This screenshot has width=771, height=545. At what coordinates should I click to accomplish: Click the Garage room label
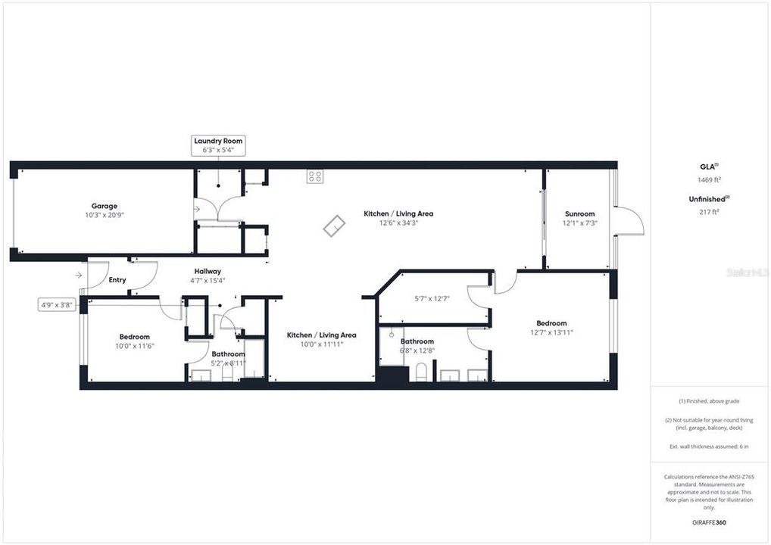click(105, 206)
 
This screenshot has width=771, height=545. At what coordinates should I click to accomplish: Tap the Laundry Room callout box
click(218, 145)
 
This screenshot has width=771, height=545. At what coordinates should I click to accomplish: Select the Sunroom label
click(579, 213)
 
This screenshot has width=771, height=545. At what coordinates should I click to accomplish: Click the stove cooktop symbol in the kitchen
click(315, 176)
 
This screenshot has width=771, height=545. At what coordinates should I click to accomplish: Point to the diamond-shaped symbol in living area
click(334, 226)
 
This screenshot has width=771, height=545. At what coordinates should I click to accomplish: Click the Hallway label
click(208, 271)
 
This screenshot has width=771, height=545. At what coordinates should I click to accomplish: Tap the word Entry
click(117, 280)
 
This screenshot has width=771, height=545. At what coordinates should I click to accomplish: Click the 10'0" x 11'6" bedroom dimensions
click(134, 346)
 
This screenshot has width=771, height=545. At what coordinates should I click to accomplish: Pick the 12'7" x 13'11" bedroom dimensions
click(551, 332)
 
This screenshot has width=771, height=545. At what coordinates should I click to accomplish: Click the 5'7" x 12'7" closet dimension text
click(434, 298)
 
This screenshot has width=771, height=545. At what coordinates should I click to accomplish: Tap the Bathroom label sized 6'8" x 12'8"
click(417, 341)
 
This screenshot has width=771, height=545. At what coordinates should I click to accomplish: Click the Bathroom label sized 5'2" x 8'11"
click(228, 354)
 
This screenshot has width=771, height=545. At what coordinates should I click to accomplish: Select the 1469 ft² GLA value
click(709, 180)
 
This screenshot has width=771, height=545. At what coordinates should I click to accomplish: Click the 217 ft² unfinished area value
click(709, 213)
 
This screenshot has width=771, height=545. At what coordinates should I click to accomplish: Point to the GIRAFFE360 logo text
click(709, 522)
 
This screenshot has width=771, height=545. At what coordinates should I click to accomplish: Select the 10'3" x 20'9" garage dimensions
click(105, 216)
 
